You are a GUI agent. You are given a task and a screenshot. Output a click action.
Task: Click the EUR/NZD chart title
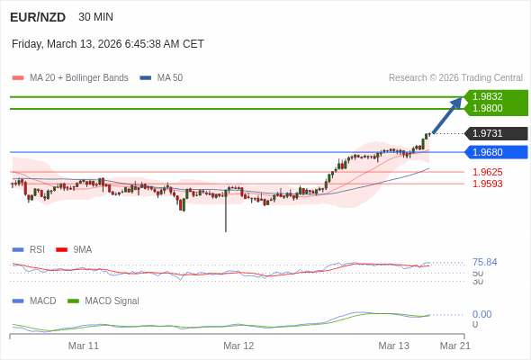(x=37, y=17)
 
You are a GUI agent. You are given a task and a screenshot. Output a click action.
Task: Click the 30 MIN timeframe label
(x=96, y=17)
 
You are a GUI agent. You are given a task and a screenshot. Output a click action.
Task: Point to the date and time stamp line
(x=108, y=44)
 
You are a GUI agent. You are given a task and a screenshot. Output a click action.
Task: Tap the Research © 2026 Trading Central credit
(x=455, y=78)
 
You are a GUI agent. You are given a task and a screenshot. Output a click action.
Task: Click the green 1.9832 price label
(x=489, y=96)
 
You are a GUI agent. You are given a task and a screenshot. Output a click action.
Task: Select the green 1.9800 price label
(x=489, y=109)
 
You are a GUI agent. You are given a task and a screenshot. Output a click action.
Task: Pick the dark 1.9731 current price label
(x=489, y=133)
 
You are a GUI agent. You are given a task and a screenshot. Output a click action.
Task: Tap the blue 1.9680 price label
(x=489, y=152)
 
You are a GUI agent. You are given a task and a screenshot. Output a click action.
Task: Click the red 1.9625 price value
(x=488, y=172)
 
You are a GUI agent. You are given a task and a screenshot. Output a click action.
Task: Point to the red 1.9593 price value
(x=488, y=184)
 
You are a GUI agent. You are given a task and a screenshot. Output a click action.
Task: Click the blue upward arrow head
(x=457, y=103)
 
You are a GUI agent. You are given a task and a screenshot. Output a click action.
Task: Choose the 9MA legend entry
(x=82, y=250)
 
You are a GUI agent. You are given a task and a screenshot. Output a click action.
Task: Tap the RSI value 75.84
(x=484, y=262)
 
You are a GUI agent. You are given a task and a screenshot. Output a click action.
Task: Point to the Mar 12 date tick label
(x=238, y=346)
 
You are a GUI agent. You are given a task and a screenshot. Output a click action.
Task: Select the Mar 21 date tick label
(x=454, y=346)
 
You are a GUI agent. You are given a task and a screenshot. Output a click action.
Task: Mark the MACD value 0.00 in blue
(x=481, y=314)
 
